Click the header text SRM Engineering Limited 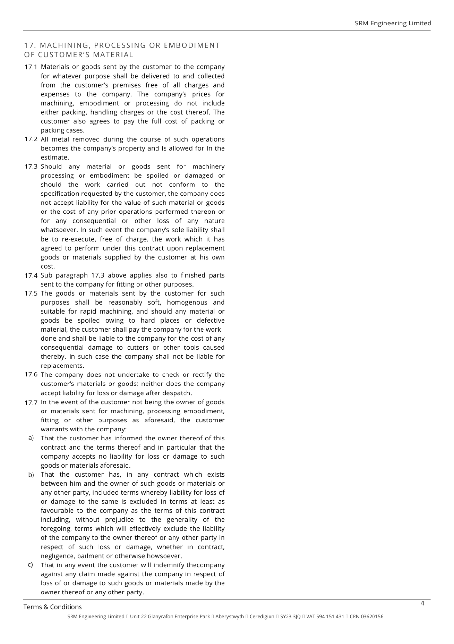393,23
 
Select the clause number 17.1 31,67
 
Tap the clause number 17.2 31,139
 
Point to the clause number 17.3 31,167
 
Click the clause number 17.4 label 31,276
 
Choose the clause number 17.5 31,294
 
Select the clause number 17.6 31,374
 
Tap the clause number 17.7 31,402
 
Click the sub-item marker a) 31,438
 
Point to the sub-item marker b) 31,475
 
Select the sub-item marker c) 30,564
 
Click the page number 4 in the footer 422,603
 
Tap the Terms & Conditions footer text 52,607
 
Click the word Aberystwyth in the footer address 230,617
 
